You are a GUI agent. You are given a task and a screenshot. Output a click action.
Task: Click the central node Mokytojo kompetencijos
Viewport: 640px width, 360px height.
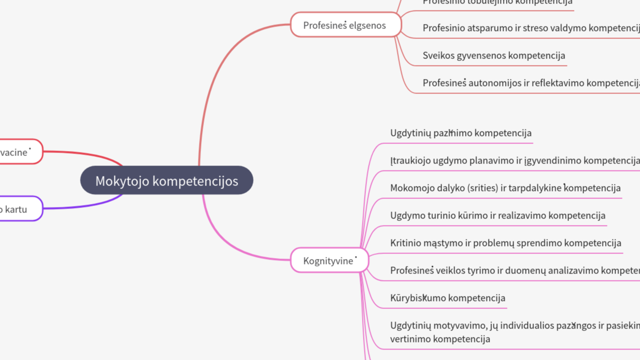166,180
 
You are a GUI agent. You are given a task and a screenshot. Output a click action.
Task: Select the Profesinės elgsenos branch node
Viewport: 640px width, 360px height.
345,25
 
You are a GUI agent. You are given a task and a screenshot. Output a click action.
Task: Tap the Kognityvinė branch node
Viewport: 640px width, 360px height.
329,260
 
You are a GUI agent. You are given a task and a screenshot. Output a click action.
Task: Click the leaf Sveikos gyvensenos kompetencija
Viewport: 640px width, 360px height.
493,55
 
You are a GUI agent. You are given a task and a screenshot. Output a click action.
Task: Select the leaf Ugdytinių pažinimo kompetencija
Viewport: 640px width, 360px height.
460,133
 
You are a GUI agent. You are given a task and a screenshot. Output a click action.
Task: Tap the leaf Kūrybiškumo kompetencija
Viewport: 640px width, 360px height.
447,298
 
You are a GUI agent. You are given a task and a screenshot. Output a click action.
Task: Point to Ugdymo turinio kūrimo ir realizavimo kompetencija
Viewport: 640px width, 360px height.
497,215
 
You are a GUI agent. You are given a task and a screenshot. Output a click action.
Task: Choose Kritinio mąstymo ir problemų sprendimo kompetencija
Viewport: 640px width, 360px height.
505,243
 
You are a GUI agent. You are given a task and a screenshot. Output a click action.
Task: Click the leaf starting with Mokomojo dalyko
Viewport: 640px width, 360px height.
505,188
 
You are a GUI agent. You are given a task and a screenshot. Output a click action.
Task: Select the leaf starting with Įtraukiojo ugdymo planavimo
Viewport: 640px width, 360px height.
514,160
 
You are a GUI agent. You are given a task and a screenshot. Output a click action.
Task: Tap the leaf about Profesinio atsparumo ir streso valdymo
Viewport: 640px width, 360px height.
530,28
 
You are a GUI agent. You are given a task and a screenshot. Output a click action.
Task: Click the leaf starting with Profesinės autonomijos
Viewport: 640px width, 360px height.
530,83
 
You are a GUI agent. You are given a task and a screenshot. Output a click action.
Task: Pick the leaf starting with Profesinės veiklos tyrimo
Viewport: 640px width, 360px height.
514,270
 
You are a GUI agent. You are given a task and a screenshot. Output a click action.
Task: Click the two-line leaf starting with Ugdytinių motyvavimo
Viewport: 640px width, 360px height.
514,332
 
